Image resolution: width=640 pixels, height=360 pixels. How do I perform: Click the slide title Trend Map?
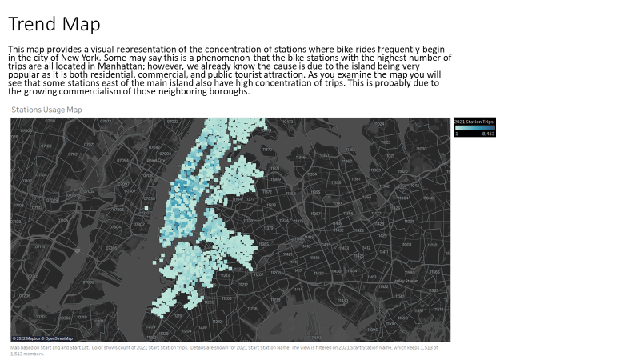[54, 24]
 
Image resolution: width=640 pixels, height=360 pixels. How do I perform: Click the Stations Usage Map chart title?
[46, 110]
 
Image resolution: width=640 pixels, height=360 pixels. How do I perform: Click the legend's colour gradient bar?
[475, 126]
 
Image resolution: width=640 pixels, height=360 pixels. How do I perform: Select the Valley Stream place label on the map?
[406, 281]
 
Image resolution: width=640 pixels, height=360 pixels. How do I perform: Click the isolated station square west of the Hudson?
[146, 208]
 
